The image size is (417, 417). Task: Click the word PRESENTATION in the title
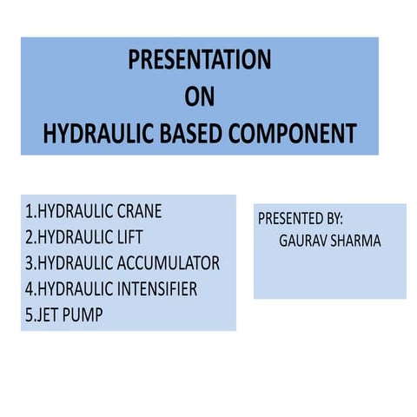tap(199, 60)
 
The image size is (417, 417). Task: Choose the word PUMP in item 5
tap(84, 315)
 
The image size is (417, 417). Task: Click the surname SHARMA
tap(355, 241)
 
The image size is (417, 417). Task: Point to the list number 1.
tap(28, 211)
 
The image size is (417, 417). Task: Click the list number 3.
tap(29, 263)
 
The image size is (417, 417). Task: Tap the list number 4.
tap(29, 289)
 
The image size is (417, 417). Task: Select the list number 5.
tap(29, 315)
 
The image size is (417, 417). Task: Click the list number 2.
tap(29, 237)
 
